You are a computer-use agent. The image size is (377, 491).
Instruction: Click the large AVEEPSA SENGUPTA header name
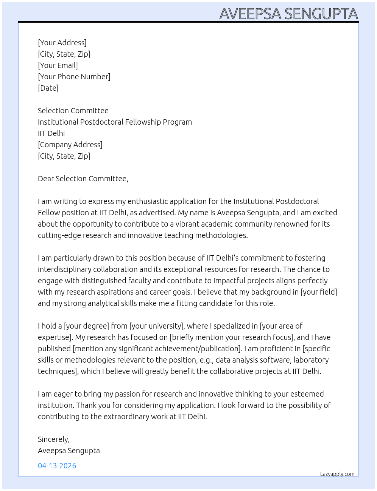pyautogui.click(x=288, y=14)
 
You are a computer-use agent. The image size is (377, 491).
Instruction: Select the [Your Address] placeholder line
pyautogui.click(x=62, y=43)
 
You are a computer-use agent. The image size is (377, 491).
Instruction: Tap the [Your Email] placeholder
pyautogui.click(x=58, y=65)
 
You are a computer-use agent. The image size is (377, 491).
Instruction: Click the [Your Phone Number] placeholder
pyautogui.click(x=74, y=77)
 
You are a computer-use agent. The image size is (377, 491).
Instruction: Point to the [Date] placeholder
pyautogui.click(x=48, y=88)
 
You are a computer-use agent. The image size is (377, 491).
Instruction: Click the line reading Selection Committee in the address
pyautogui.click(x=73, y=111)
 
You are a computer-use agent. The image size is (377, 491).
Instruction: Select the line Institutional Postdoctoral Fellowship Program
pyautogui.click(x=115, y=122)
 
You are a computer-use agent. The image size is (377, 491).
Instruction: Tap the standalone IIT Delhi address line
pyautogui.click(x=51, y=133)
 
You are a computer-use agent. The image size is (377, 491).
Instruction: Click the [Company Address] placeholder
pyautogui.click(x=70, y=145)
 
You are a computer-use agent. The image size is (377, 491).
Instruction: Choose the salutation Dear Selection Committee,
pyautogui.click(x=83, y=179)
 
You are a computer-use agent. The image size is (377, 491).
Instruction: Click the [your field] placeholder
pyautogui.click(x=319, y=292)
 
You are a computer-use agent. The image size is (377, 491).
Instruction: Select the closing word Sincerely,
pyautogui.click(x=54, y=439)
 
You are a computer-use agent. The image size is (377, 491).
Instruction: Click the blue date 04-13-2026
pyautogui.click(x=57, y=466)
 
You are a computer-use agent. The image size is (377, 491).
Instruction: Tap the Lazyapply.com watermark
pyautogui.click(x=337, y=474)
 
